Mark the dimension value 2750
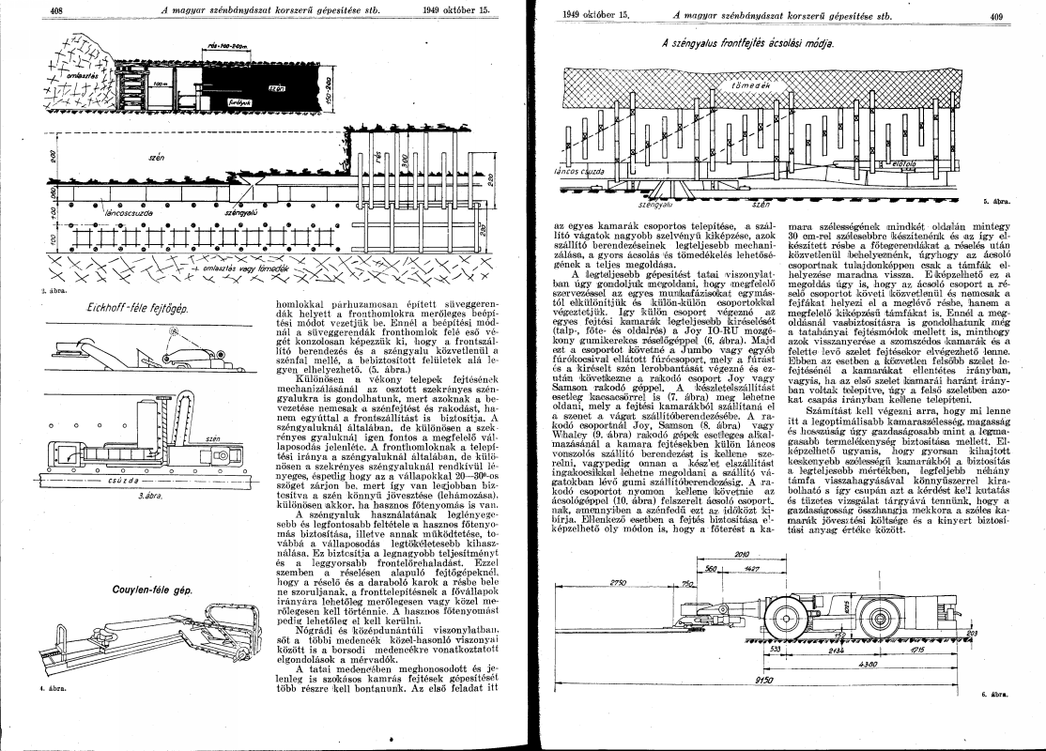tap(618, 583)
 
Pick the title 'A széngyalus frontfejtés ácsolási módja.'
tap(746, 43)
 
